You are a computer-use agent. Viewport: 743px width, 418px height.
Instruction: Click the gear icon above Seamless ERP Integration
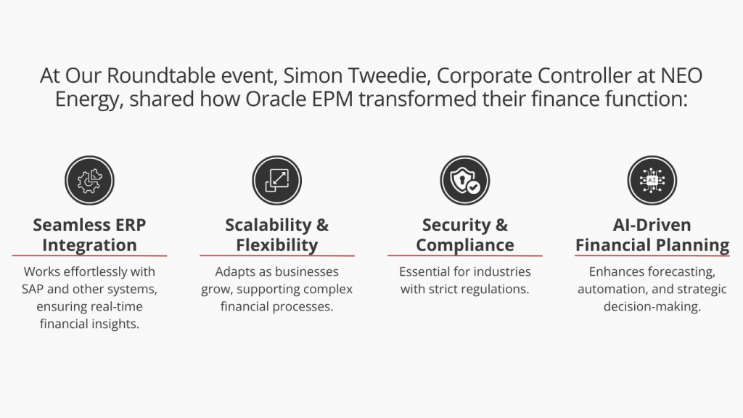89,181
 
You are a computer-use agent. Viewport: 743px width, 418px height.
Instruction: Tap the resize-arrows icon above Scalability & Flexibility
276,181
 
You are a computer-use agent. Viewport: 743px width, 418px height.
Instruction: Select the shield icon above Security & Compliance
465,181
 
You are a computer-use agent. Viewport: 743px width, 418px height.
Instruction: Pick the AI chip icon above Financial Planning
652,181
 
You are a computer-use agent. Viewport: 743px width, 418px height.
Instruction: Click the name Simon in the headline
313,75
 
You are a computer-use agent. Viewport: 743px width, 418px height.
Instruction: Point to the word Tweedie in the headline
389,75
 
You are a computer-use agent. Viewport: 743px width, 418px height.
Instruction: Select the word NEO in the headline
681,75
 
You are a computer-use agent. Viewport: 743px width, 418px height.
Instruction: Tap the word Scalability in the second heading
268,225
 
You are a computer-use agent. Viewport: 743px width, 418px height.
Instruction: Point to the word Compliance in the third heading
465,245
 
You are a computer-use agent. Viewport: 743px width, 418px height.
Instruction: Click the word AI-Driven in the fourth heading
652,225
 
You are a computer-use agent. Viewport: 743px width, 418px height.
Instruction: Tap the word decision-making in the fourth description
652,307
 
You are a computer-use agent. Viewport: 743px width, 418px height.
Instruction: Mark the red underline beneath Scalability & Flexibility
277,256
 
